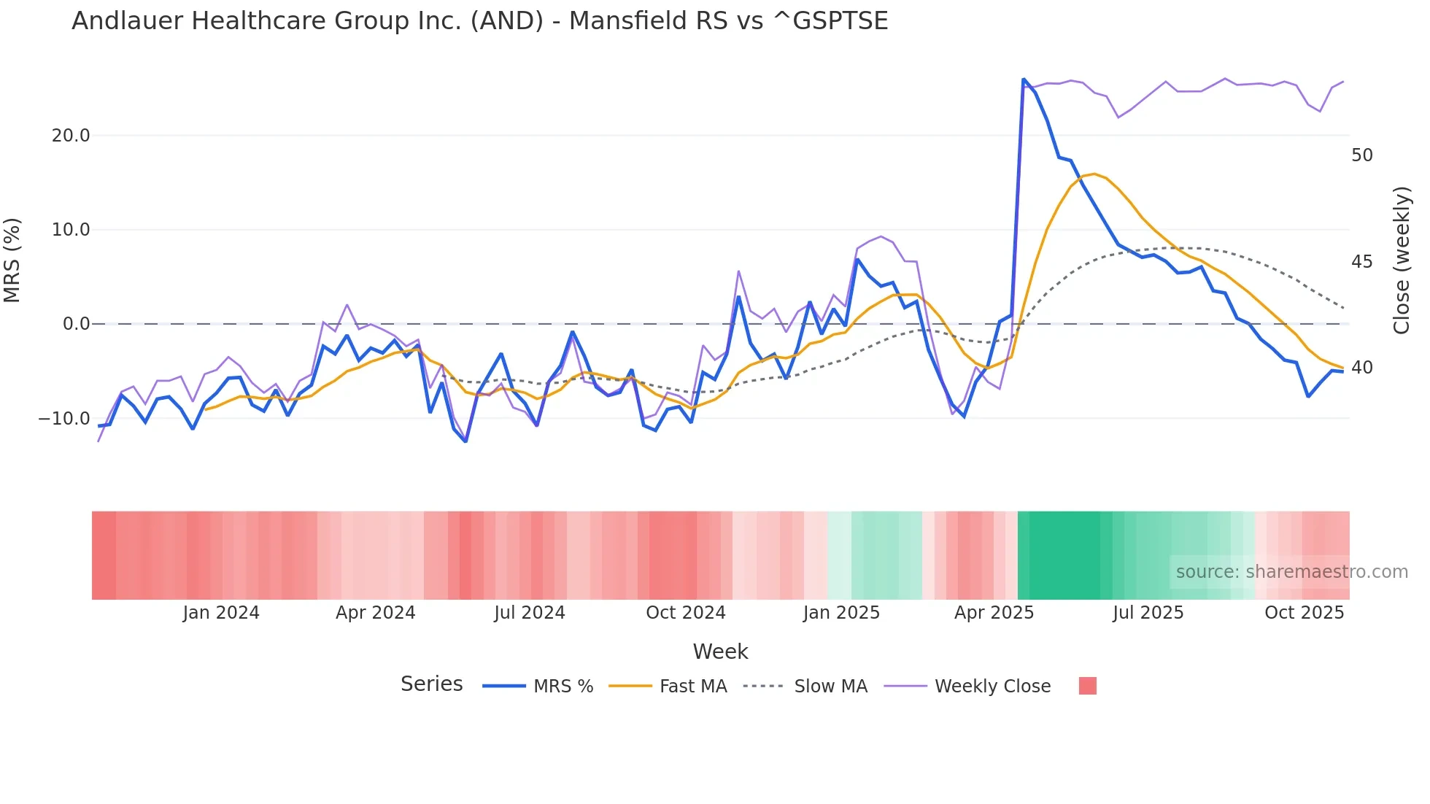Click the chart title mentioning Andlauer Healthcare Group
pyautogui.click(x=479, y=21)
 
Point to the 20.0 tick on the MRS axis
pyautogui.click(x=71, y=136)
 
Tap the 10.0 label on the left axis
pyautogui.click(x=71, y=230)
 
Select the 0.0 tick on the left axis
pyautogui.click(x=77, y=324)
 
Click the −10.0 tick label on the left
pyautogui.click(x=64, y=419)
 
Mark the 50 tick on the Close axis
pyautogui.click(x=1361, y=155)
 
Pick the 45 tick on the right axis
pyautogui.click(x=1361, y=262)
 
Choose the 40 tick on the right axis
pyautogui.click(x=1361, y=368)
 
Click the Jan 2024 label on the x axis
pyautogui.click(x=221, y=613)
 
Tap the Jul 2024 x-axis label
pyautogui.click(x=530, y=613)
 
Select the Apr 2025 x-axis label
pyautogui.click(x=994, y=613)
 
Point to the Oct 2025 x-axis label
pyautogui.click(x=1304, y=613)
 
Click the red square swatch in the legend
pyautogui.click(x=1087, y=686)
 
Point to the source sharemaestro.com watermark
pyautogui.click(x=1291, y=572)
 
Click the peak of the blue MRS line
pyautogui.click(x=1024, y=80)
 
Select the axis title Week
pyautogui.click(x=720, y=652)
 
